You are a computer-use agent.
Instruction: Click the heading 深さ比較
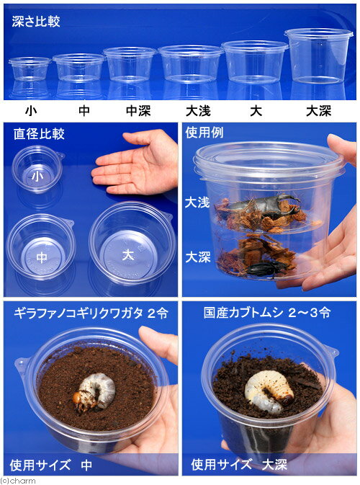(36, 22)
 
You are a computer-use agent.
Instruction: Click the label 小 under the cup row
(30, 111)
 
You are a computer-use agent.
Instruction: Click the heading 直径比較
(39, 133)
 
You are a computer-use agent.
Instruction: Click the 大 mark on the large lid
(128, 254)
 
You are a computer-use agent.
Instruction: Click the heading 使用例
(208, 133)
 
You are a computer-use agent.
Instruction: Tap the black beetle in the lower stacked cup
(266, 268)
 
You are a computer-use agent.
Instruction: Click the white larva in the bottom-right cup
(268, 390)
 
